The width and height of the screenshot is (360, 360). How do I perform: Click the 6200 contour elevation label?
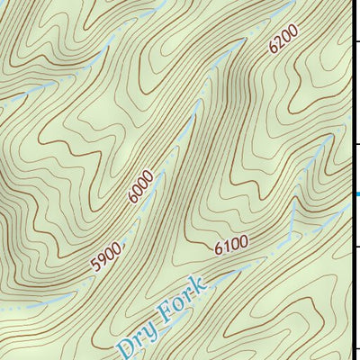[282, 41]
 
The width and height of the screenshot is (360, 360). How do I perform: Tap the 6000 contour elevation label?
[140, 186]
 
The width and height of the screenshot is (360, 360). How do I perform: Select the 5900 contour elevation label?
[106, 257]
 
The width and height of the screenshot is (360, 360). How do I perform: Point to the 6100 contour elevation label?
[231, 245]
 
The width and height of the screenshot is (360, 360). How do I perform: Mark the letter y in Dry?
[148, 328]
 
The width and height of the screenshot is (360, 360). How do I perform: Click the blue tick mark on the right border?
[356, 193]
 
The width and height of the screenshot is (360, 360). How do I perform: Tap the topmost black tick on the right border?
[356, 40]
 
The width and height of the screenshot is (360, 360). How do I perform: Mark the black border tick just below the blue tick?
[356, 244]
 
